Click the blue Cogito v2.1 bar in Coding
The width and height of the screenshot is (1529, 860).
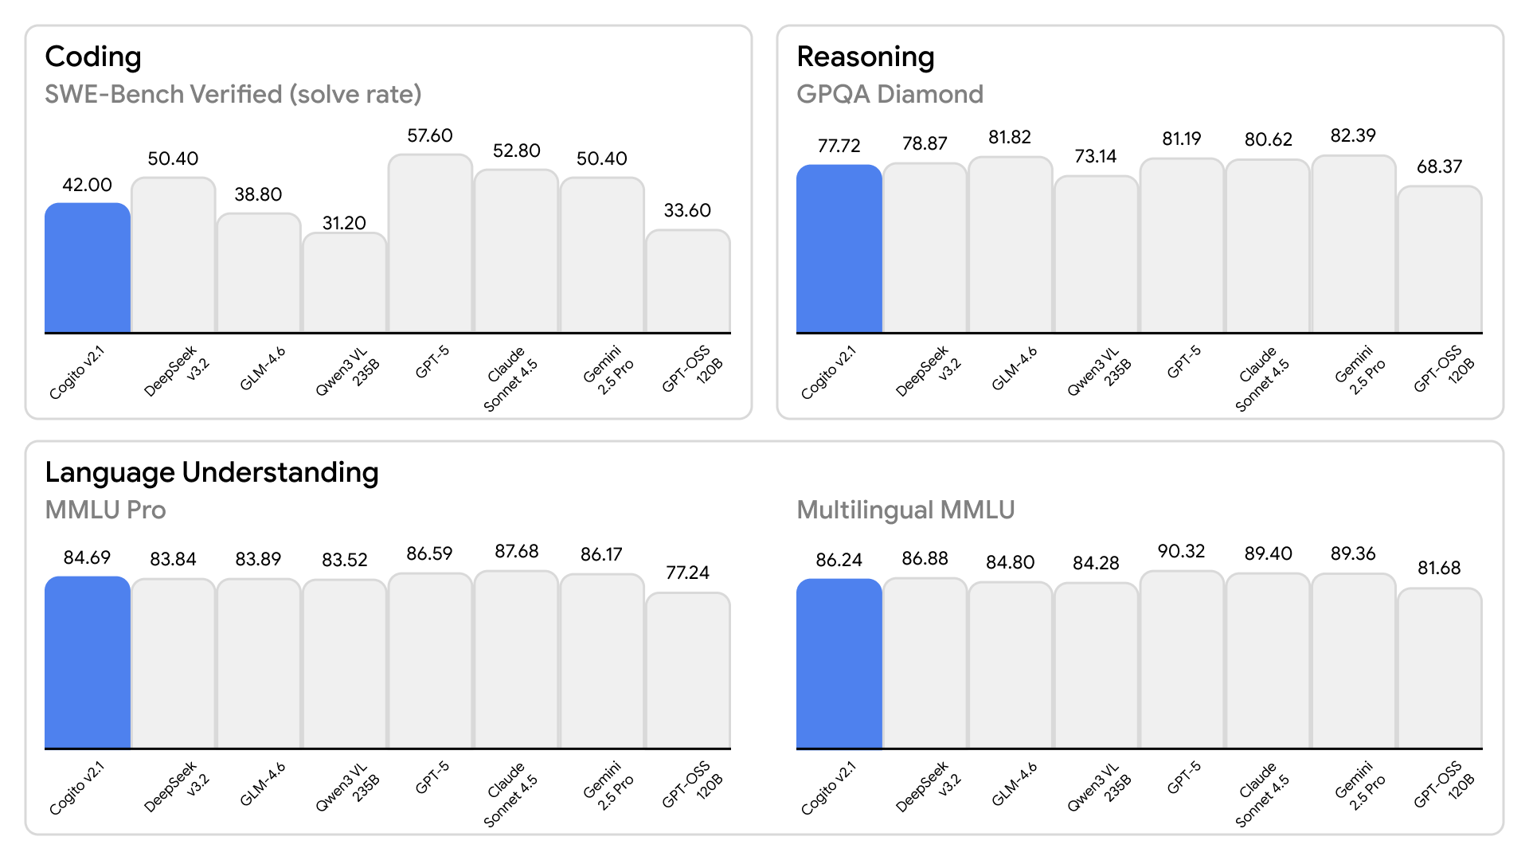click(x=87, y=268)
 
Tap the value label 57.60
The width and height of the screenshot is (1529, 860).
click(x=430, y=136)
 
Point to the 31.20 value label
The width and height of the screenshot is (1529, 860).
click(x=344, y=223)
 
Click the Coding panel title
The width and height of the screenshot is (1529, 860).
click(x=93, y=57)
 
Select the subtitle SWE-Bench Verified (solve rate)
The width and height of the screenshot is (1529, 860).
click(x=233, y=95)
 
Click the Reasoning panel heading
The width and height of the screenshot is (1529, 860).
click(x=866, y=57)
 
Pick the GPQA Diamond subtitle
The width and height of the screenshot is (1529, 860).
click(x=890, y=95)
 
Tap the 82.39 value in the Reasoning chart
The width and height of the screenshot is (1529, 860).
click(x=1353, y=136)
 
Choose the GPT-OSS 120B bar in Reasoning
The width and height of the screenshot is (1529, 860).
click(x=1439, y=260)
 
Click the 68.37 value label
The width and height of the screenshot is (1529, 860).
click(x=1439, y=167)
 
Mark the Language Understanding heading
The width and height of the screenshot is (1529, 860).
click(x=211, y=473)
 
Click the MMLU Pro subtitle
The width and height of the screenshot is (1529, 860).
click(x=105, y=510)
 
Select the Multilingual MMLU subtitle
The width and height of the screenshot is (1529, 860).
click(x=905, y=510)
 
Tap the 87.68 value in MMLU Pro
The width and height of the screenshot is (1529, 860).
click(x=516, y=552)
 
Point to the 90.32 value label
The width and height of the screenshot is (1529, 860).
click(x=1181, y=552)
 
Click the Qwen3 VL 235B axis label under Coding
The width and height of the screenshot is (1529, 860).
click(x=347, y=371)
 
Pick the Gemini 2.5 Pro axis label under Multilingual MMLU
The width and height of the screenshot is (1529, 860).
click(x=1360, y=787)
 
